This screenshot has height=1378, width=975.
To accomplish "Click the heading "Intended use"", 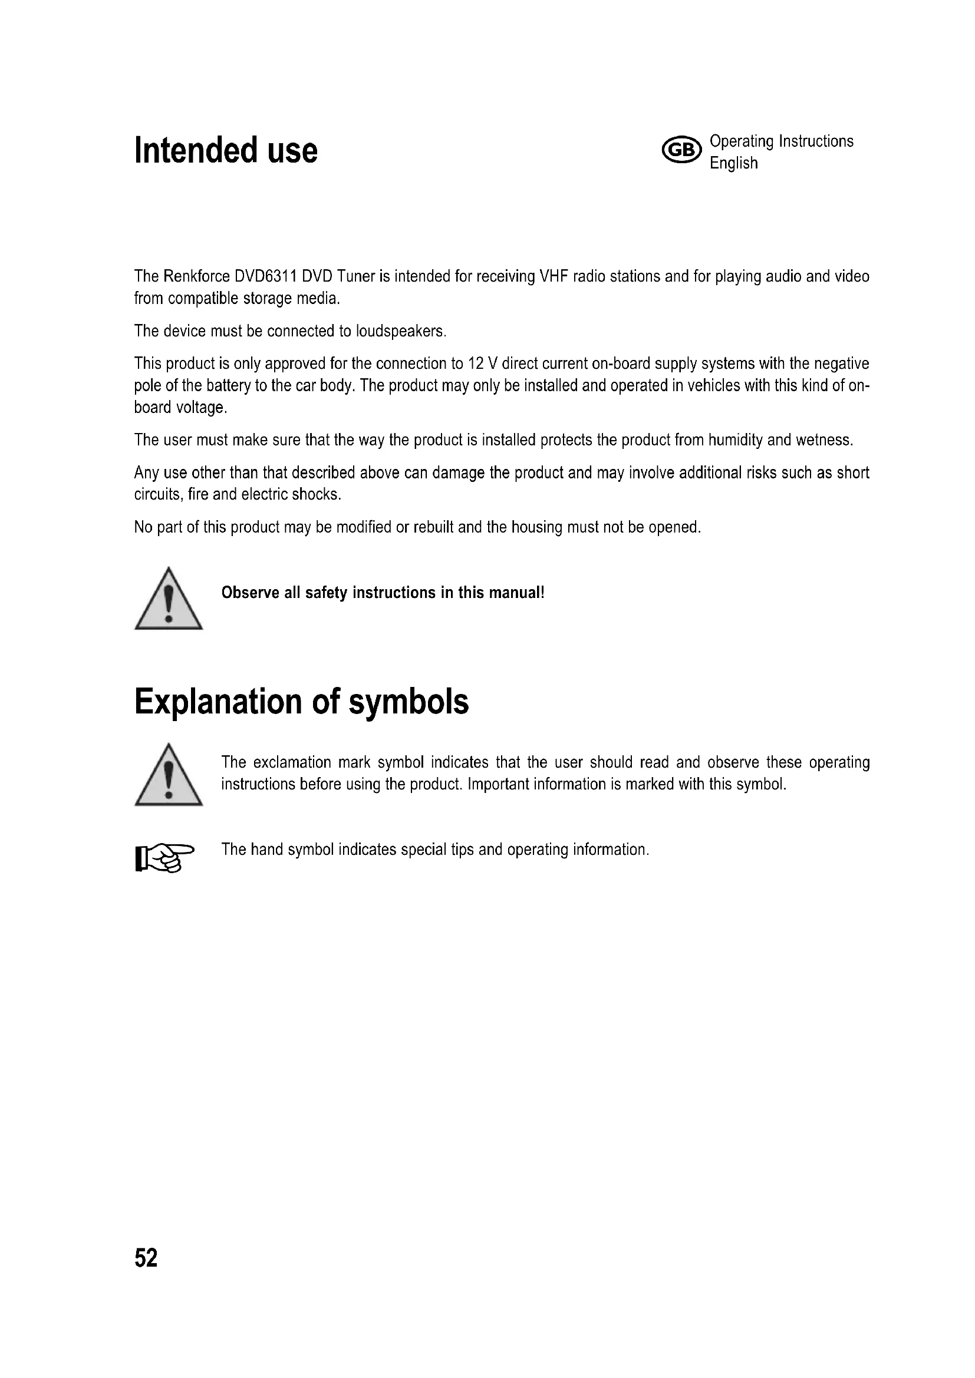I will pyautogui.click(x=226, y=150).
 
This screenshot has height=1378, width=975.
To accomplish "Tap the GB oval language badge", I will pyautogui.click(x=681, y=150).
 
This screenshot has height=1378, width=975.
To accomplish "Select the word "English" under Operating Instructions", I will pyautogui.click(x=733, y=163).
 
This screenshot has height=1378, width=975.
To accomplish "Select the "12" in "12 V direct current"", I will pyautogui.click(x=475, y=363).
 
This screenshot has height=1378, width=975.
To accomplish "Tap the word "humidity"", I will pyautogui.click(x=735, y=440).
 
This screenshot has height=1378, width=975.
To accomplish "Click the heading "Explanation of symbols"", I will pyautogui.click(x=301, y=701).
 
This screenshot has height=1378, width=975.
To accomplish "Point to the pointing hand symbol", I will pyautogui.click(x=164, y=858).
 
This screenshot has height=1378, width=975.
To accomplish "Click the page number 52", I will pyautogui.click(x=146, y=1258).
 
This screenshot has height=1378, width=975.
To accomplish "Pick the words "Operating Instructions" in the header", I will pyautogui.click(x=781, y=141).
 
